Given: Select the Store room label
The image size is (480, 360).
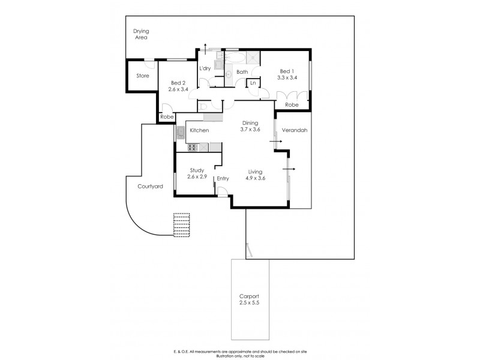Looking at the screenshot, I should pos(142,76).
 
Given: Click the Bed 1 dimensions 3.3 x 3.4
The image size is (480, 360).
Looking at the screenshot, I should pos(287,77).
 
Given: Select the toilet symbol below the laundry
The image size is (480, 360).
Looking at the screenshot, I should pos(204,106).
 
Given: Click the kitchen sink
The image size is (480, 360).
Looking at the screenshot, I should pos(181,133).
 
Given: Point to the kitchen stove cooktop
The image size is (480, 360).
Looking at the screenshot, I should pos(193,147).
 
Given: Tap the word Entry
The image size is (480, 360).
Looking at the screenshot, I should pos(223,178).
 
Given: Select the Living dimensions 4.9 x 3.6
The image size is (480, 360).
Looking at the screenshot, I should pos(257,178).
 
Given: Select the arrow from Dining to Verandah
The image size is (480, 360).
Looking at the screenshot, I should pos(277,142).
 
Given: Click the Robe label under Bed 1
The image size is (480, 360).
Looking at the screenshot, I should pos(292,104).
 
